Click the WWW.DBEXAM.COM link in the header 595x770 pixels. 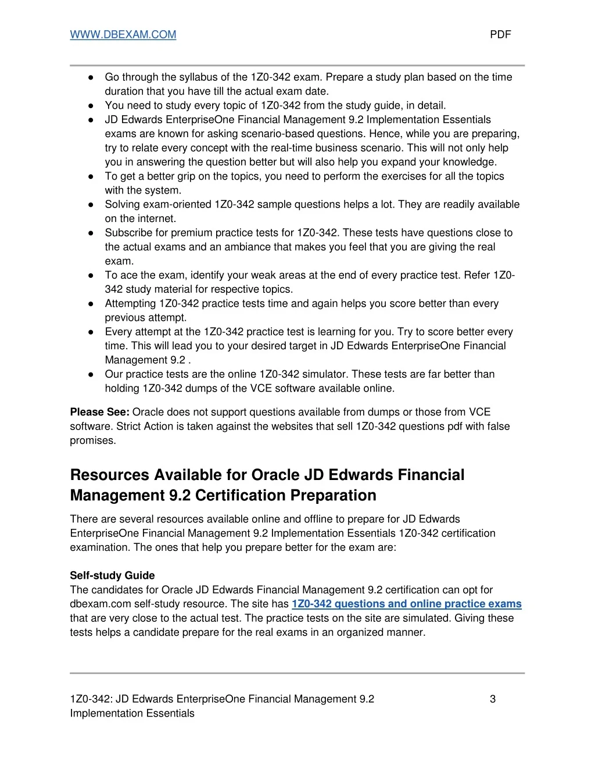(123, 34)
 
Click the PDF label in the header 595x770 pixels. (500, 34)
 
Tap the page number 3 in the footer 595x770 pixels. (493, 699)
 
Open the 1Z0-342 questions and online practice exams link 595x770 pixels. (406, 604)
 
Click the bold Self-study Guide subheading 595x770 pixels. (112, 575)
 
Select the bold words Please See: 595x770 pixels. (99, 412)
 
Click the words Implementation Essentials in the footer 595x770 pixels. (132, 713)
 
